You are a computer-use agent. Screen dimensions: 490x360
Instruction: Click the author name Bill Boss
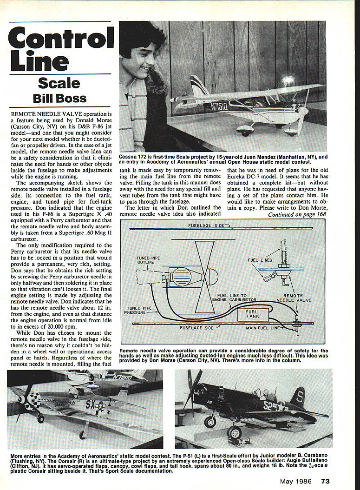59,99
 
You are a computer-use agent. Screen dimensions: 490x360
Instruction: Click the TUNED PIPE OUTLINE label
149,261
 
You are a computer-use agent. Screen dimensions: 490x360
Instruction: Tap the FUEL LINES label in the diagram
260,260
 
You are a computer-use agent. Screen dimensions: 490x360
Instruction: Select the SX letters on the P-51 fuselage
90,404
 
